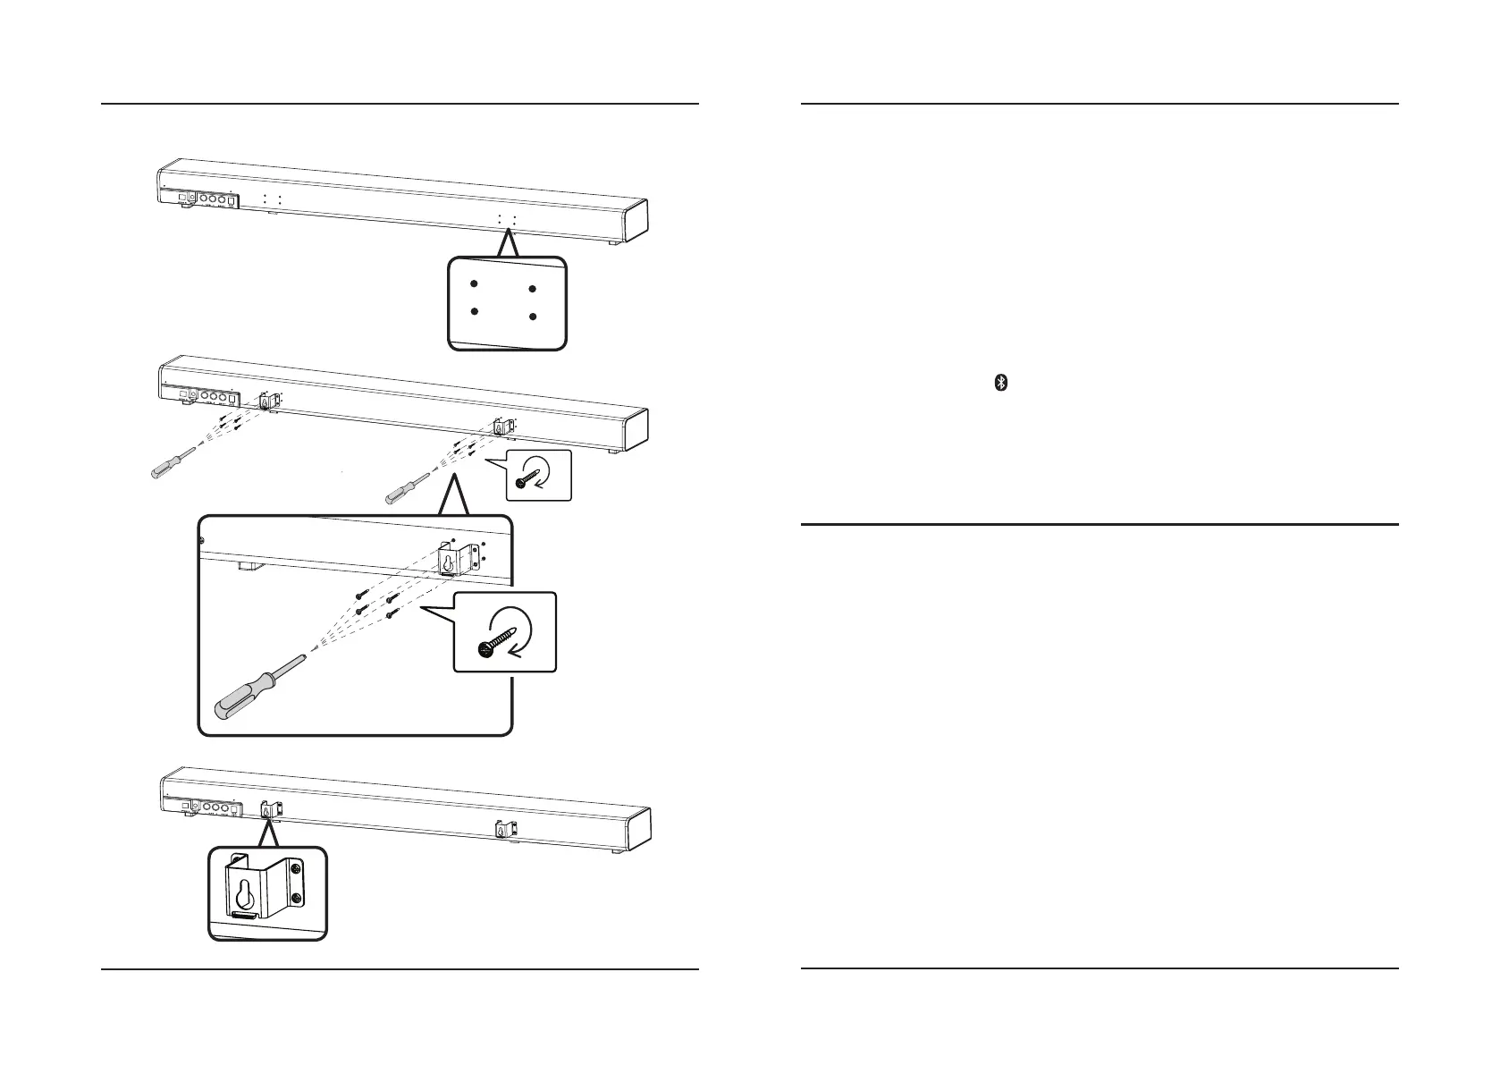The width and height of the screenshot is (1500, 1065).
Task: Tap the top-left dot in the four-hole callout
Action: click(475, 283)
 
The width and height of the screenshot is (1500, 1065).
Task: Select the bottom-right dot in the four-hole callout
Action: click(532, 317)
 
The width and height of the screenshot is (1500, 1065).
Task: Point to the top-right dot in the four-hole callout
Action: click(532, 289)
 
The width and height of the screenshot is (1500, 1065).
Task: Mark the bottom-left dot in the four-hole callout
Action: click(475, 311)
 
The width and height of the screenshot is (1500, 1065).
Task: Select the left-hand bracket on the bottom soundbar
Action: click(270, 809)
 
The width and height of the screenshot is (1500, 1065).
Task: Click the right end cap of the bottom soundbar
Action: click(636, 828)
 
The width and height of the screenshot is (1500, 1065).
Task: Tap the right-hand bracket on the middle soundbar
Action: click(502, 427)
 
